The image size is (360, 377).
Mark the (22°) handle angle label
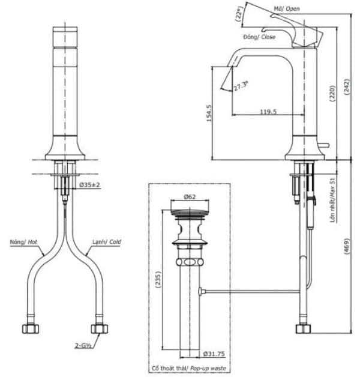[240, 14]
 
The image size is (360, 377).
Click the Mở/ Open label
[287, 8]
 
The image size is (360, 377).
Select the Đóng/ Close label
[259, 37]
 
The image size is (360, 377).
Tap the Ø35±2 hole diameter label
[89, 184]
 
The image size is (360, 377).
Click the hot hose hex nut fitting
[28, 328]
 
